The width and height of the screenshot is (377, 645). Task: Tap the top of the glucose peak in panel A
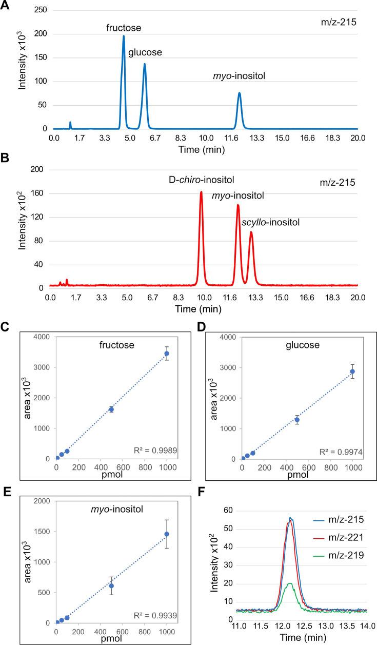point(145,64)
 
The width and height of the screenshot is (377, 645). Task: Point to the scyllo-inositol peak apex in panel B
point(251,232)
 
